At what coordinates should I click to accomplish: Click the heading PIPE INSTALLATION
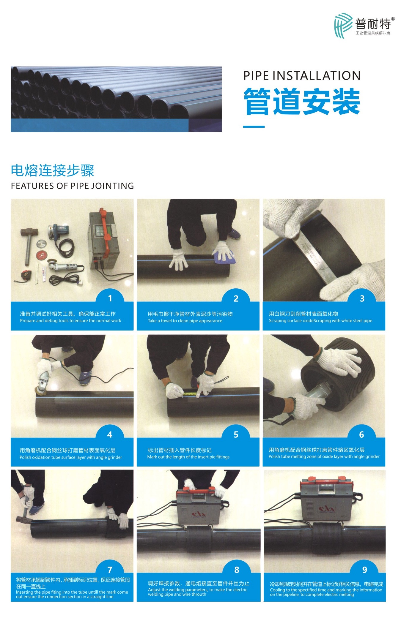point(302,75)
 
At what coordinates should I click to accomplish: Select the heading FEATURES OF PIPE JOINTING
point(72,186)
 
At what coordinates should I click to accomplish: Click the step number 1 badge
point(110,298)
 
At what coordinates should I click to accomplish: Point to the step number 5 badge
point(236,434)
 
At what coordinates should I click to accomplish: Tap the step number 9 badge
point(365,570)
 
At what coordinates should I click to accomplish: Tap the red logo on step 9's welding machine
point(327,509)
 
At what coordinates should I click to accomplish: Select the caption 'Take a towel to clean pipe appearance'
point(185,321)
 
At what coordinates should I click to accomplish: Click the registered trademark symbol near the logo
point(393,19)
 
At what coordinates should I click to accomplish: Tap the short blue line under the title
point(254,127)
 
